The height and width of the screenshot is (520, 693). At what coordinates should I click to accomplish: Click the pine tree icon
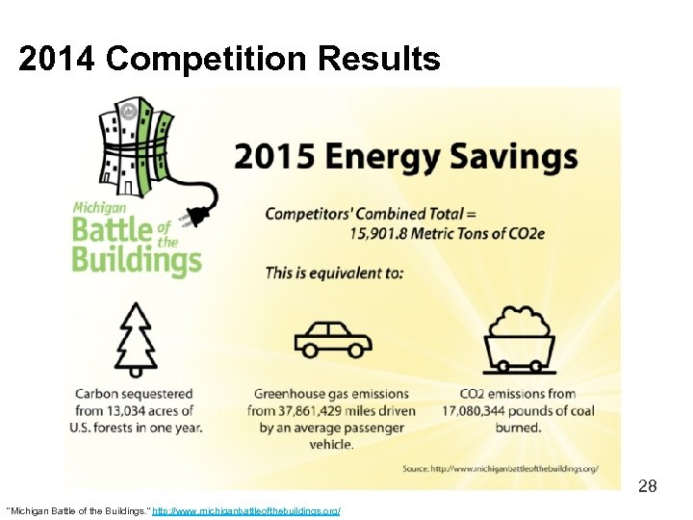click(x=134, y=339)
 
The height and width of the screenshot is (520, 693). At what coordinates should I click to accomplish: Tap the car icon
click(x=332, y=340)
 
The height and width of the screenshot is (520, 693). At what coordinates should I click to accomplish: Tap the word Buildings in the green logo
click(x=136, y=260)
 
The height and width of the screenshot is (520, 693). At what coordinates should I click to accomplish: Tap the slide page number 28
click(x=648, y=486)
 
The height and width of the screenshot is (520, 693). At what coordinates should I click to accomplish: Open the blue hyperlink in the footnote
click(x=246, y=509)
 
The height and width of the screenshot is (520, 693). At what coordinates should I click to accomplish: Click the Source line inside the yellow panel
click(x=500, y=468)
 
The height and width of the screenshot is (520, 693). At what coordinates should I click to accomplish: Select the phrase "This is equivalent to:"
click(x=334, y=273)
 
